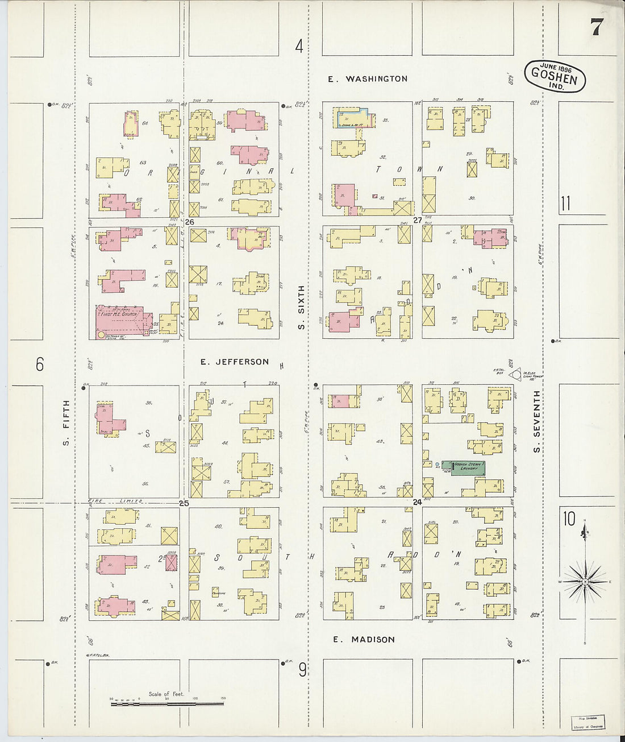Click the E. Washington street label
(368, 79)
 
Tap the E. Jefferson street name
(234, 362)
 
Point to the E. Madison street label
(364, 639)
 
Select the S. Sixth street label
(302, 307)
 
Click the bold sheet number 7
(595, 27)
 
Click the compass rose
(585, 582)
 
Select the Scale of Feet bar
(167, 703)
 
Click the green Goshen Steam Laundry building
(468, 467)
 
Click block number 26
(190, 222)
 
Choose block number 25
(184, 503)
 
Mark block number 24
(418, 502)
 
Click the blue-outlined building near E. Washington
(353, 117)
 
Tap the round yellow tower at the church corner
(102, 335)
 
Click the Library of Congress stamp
(587, 722)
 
